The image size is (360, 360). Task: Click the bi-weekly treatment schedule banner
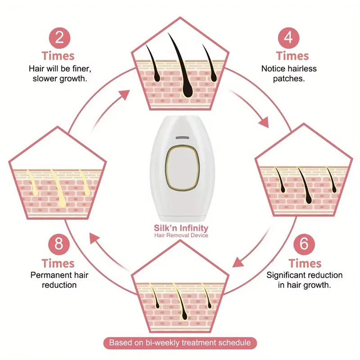tap(180, 343)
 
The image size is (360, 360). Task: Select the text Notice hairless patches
tap(289, 73)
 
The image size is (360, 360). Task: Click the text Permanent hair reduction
tap(59, 280)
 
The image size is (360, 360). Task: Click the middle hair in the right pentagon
tap(306, 182)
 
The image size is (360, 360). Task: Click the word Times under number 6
tap(305, 263)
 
